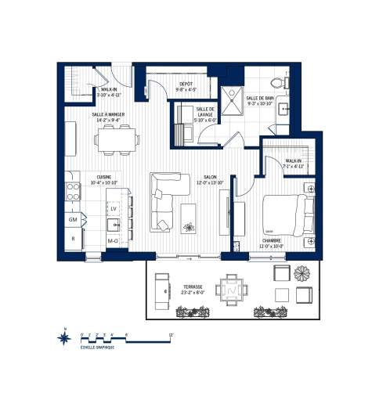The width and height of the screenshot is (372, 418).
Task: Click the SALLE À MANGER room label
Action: (x=109, y=114)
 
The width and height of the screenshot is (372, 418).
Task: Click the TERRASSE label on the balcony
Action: (x=193, y=286)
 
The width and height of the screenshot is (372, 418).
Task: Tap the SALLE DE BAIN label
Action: (x=259, y=97)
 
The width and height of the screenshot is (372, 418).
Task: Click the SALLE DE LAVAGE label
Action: (x=206, y=110)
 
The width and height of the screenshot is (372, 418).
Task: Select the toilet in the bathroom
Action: (x=278, y=81)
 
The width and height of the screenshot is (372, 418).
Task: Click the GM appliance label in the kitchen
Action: (x=72, y=220)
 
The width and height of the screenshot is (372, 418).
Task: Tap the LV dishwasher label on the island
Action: (x=114, y=210)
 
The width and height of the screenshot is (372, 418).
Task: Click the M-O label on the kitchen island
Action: (x=114, y=240)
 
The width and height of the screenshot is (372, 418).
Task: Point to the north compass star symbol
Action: (x=63, y=337)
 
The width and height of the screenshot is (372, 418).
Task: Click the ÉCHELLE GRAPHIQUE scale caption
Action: (x=97, y=346)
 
